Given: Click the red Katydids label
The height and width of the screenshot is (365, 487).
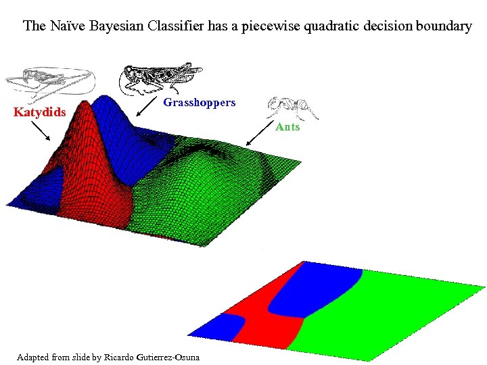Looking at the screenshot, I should pos(40,112).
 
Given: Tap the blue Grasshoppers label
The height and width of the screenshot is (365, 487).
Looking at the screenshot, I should pos(200,103).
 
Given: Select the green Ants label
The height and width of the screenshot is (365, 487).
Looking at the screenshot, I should pos(287,127).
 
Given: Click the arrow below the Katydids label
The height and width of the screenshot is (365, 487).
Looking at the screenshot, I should pos(40,130).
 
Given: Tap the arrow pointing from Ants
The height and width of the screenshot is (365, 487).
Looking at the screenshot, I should pos(258,135).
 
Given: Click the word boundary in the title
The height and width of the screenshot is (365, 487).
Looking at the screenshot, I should pos(444,26).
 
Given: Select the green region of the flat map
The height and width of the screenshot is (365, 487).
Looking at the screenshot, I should pos(392,311).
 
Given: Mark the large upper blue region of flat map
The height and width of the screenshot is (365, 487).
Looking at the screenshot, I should pos(318,287).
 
